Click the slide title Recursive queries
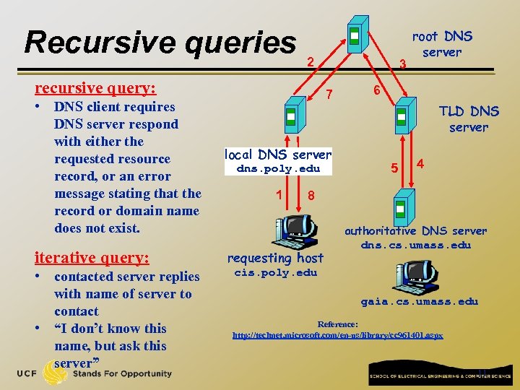(160, 43)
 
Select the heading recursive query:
(95, 88)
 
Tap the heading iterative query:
(92, 258)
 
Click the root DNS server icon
(354, 37)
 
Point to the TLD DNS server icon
(402, 118)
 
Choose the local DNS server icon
(290, 118)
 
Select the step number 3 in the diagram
(404, 64)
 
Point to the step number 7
(329, 94)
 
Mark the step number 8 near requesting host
(311, 195)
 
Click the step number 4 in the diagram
(420, 164)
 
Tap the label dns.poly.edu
(278, 169)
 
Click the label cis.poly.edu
(276, 272)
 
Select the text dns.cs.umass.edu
(416, 245)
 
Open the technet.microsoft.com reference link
(337, 336)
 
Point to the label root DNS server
(442, 44)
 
